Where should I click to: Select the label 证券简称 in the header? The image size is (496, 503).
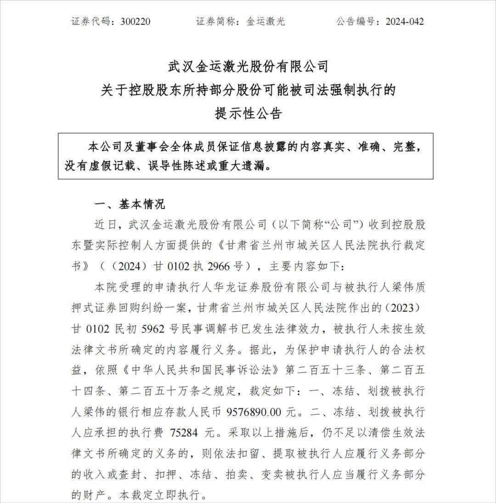213,22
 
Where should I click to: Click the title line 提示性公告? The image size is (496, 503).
248,113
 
